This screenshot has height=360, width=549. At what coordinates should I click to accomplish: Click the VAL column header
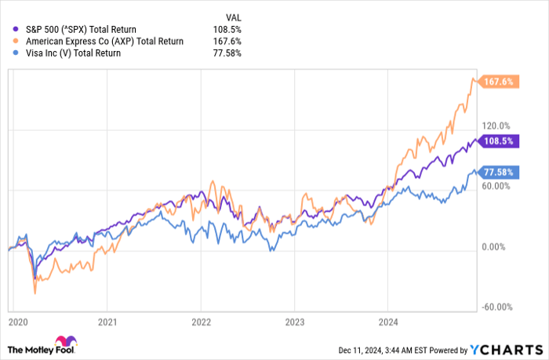(232, 16)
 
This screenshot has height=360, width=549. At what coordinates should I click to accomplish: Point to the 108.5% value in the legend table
(227, 29)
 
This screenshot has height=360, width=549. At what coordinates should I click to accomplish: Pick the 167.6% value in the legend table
(227, 41)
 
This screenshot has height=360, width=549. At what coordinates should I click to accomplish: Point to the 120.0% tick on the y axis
(496, 125)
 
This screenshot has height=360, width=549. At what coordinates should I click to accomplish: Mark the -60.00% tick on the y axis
(496, 307)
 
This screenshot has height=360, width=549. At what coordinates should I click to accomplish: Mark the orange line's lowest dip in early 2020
(35, 293)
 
